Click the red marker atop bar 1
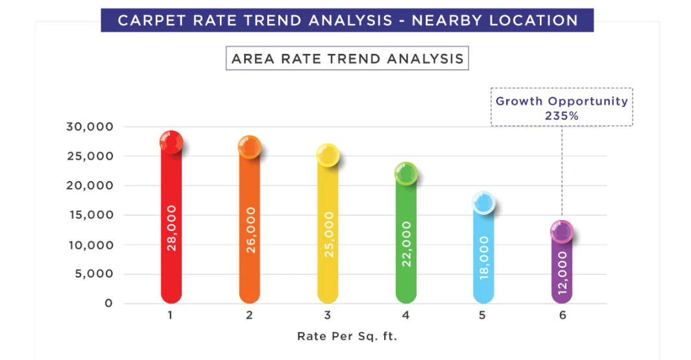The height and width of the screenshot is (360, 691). (171, 142)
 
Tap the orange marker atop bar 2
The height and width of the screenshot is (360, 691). (249, 147)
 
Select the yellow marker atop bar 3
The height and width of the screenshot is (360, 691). (328, 154)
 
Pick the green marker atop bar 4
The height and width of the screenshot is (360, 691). (406, 173)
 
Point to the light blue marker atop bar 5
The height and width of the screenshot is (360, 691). (483, 204)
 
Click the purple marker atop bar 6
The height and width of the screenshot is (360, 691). (561, 231)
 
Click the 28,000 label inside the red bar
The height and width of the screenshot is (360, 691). (171, 228)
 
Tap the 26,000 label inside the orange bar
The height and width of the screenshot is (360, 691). (250, 230)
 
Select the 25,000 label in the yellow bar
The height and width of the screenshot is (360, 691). (328, 234)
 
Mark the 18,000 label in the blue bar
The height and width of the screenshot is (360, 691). (484, 258)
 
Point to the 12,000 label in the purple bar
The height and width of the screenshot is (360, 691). (562, 273)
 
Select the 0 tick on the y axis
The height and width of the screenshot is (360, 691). (109, 303)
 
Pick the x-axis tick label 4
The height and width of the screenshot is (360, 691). (406, 316)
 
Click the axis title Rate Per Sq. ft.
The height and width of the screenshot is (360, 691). (347, 336)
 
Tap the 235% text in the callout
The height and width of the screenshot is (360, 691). (562, 115)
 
